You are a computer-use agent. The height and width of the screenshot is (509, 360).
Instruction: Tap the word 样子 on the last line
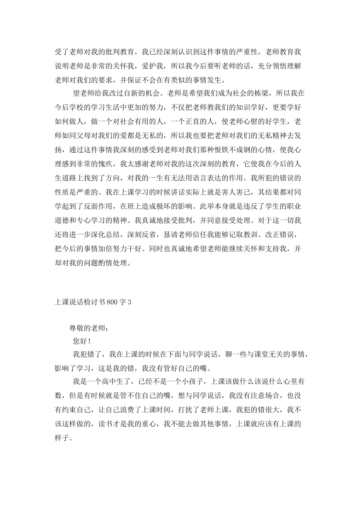(63, 438)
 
